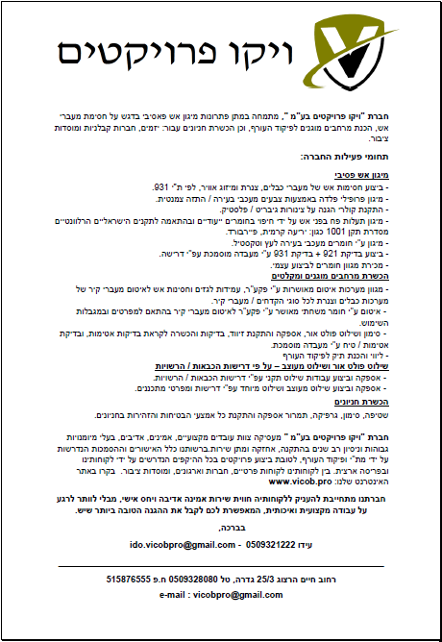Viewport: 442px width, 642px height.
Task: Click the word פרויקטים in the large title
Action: tap(144, 54)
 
